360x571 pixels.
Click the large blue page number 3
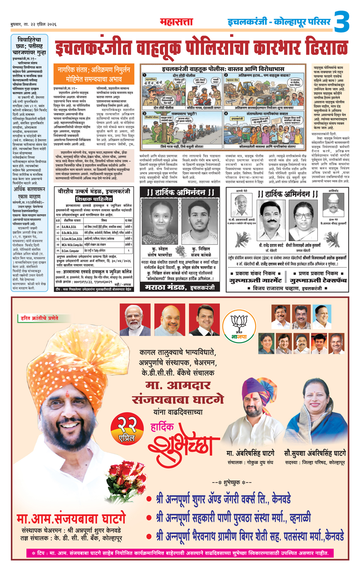coord(342,22)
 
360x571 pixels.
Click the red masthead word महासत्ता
coord(176,22)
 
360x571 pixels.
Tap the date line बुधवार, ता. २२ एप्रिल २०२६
coord(34,24)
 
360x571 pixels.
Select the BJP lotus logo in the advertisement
coord(239,325)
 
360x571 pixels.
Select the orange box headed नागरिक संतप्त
coord(94,74)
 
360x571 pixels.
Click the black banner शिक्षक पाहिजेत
coord(94,199)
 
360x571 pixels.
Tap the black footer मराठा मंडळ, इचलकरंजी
coord(180,287)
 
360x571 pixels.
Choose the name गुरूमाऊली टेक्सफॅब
coord(318,280)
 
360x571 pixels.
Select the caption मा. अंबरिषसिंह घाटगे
coord(251,453)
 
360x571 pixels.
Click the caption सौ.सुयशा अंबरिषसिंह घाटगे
coord(314,453)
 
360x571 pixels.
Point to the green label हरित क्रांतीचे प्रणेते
coord(40,318)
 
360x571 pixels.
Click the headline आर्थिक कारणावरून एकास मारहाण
coord(29,193)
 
